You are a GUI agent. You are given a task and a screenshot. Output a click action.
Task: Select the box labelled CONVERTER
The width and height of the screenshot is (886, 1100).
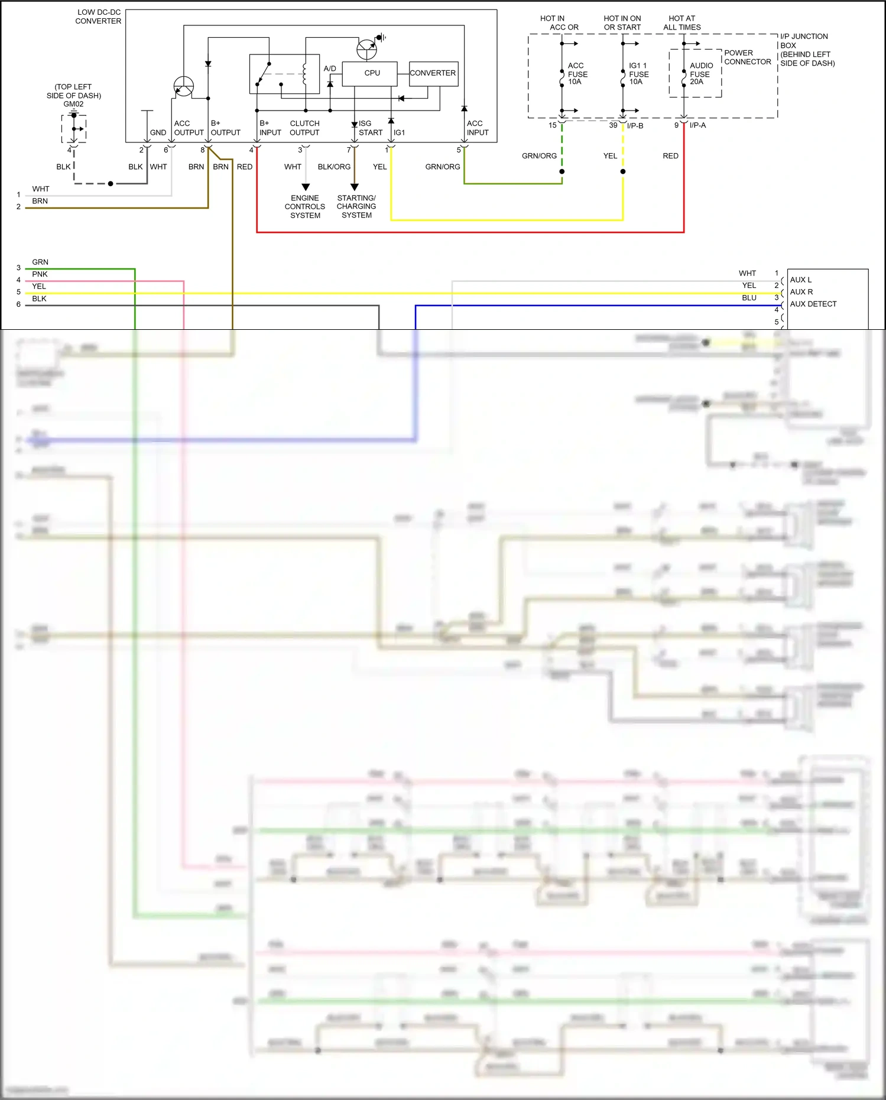tap(433, 73)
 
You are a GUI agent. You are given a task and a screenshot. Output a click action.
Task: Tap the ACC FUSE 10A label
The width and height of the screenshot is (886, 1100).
tap(577, 74)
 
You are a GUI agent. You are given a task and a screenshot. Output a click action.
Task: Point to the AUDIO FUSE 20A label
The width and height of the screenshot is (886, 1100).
tap(700, 74)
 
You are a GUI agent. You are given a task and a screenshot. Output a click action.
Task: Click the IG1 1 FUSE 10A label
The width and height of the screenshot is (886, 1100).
tap(638, 74)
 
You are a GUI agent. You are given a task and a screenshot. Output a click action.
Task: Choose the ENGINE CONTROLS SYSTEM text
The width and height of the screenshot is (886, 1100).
tap(305, 207)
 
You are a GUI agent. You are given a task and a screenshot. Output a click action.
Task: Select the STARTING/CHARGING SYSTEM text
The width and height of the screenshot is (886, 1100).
tap(356, 207)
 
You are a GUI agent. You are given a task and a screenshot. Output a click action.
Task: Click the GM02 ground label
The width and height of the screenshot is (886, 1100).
tap(74, 104)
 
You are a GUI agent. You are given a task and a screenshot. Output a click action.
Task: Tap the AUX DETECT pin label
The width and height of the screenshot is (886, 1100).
tap(813, 304)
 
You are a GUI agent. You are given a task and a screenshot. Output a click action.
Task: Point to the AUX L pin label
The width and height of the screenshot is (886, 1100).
tap(801, 280)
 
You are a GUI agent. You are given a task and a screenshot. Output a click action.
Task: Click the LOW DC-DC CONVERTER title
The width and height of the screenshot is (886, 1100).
tap(98, 17)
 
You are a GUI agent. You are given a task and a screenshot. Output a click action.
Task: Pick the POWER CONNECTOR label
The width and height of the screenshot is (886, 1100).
tap(747, 57)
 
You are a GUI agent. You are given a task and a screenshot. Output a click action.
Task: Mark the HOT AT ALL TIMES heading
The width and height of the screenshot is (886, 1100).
tap(682, 22)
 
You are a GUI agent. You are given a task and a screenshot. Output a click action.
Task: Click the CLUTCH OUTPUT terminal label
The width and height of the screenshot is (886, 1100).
tap(304, 128)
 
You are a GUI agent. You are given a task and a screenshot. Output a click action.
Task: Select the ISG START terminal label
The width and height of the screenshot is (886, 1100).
tap(370, 128)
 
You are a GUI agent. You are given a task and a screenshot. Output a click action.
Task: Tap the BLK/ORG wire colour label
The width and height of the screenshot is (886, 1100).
tap(334, 167)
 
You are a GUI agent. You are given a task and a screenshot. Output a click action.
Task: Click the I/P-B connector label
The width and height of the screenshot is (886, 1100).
tap(635, 125)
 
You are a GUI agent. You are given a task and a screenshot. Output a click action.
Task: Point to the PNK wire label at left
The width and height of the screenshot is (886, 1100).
tap(40, 274)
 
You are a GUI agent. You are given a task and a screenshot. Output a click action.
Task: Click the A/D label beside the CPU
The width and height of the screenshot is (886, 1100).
tap(330, 69)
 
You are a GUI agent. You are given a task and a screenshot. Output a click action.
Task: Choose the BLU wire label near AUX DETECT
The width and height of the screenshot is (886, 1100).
tap(749, 298)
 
